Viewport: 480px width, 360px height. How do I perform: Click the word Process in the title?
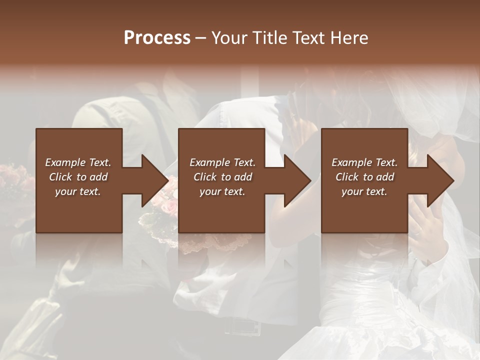(157, 38)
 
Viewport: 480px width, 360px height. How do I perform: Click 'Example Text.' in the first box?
(78, 162)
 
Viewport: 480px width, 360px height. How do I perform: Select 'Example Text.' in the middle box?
(222, 162)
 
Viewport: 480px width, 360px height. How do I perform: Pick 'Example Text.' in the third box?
(364, 162)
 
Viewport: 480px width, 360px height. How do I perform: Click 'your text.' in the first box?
(78, 191)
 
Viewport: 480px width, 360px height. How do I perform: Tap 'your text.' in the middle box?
(222, 191)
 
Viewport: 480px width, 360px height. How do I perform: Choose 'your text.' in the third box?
(364, 191)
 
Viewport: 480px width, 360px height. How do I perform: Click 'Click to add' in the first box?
(78, 177)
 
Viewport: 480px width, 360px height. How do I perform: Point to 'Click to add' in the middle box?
(222, 177)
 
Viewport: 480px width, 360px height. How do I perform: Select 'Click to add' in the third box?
(364, 177)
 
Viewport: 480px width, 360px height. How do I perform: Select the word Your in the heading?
(228, 38)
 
